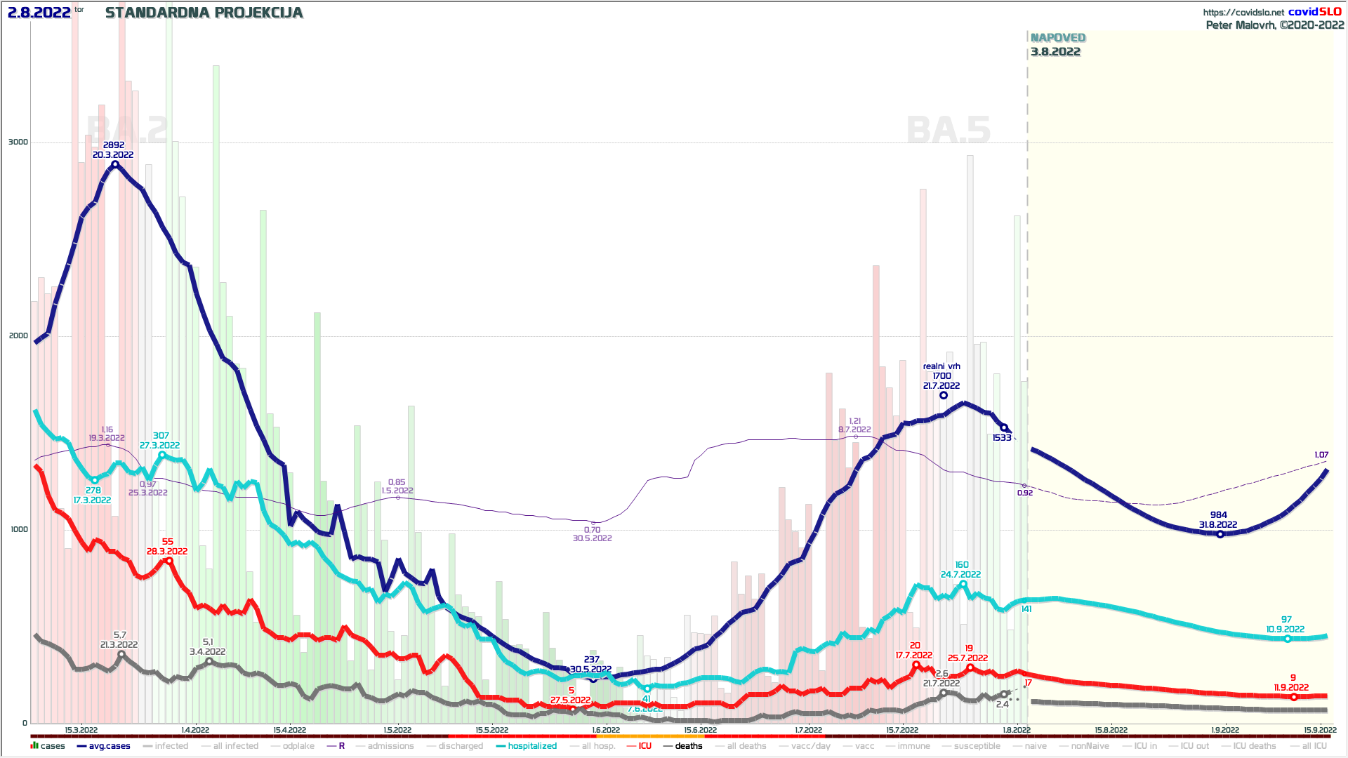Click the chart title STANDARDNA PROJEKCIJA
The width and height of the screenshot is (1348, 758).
click(x=204, y=13)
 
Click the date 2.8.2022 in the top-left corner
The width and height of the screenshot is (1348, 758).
click(x=39, y=13)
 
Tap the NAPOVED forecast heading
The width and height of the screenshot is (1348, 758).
click(x=1057, y=38)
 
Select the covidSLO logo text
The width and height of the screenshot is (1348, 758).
click(x=1314, y=12)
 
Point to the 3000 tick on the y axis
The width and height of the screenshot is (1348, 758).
click(x=18, y=142)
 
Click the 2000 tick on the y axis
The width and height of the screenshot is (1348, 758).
click(x=18, y=335)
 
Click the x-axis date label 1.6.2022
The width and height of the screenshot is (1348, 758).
click(x=605, y=730)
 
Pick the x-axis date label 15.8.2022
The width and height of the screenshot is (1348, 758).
click(x=1111, y=730)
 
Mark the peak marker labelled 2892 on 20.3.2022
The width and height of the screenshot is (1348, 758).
click(x=115, y=165)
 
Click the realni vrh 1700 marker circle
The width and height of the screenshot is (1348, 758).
click(x=944, y=395)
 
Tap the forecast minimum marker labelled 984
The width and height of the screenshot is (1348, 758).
click(x=1220, y=535)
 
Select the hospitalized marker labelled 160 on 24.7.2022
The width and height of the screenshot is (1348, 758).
click(x=963, y=584)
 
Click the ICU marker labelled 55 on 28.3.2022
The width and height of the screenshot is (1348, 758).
click(x=168, y=561)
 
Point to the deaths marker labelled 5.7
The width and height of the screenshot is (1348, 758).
click(x=121, y=654)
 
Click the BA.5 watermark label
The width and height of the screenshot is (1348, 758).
click(x=948, y=131)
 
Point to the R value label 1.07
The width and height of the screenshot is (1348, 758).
click(x=1321, y=455)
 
